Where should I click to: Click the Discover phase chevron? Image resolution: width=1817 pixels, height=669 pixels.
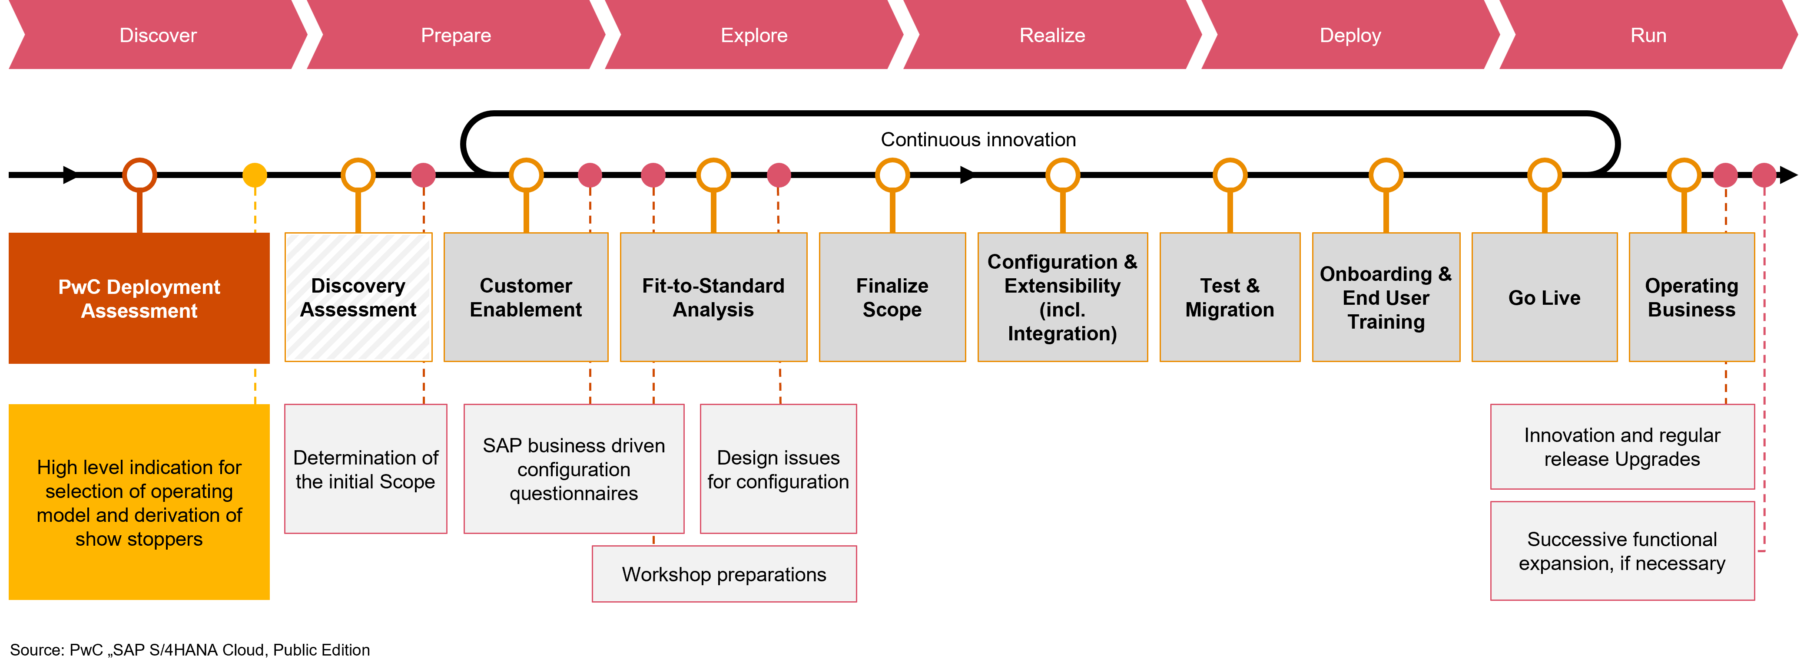click(x=158, y=35)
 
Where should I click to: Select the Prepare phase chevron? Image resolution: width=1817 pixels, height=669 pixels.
click(x=456, y=35)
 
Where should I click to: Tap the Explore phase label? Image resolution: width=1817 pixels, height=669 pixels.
click(x=753, y=35)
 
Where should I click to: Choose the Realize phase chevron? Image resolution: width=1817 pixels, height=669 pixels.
click(x=1052, y=35)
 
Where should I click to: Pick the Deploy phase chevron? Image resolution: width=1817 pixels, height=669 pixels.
click(x=1350, y=35)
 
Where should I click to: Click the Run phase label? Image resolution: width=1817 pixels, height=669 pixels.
click(x=1648, y=35)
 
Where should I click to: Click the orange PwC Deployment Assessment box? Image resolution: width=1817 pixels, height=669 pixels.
click(x=139, y=298)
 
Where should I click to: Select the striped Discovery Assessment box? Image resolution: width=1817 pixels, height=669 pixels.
click(x=358, y=297)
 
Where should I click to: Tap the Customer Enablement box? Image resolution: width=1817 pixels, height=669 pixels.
click(x=525, y=297)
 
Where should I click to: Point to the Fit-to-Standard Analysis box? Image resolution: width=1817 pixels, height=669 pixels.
click(x=713, y=297)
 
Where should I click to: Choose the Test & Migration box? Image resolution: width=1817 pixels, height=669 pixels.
click(x=1230, y=297)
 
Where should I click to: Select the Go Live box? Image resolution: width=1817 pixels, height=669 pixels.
click(x=1544, y=297)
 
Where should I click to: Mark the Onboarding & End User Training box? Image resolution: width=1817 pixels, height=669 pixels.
click(x=1385, y=297)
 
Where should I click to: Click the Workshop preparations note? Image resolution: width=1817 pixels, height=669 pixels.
click(x=724, y=574)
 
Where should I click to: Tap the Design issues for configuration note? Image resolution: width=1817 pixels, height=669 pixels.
click(x=778, y=469)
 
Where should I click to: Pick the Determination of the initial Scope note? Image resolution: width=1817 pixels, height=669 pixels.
click(x=365, y=469)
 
